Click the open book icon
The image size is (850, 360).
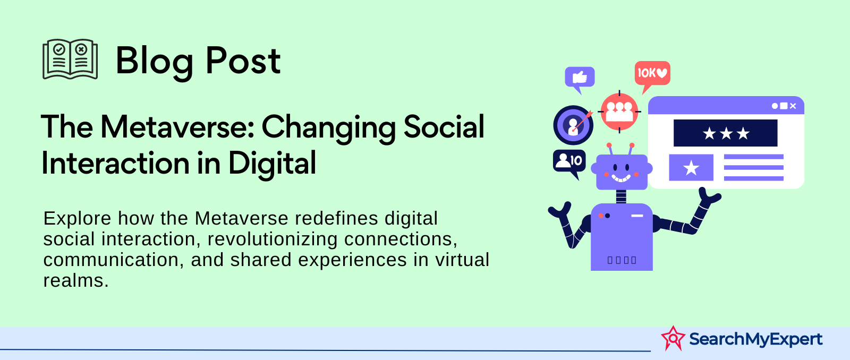click(x=70, y=59)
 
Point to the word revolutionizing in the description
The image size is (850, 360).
click(x=273, y=239)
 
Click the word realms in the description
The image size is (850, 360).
click(x=76, y=281)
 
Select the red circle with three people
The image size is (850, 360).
click(x=619, y=112)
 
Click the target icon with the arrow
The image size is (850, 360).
click(x=573, y=125)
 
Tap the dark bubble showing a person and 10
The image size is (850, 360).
click(x=569, y=163)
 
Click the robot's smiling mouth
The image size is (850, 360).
click(x=621, y=178)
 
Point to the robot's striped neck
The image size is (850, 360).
click(x=621, y=196)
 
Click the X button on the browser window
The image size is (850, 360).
click(x=793, y=106)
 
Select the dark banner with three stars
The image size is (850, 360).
click(x=725, y=133)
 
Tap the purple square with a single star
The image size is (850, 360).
click(x=691, y=167)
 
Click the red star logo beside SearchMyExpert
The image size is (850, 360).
click(x=673, y=338)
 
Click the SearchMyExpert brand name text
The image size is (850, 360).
click(x=755, y=339)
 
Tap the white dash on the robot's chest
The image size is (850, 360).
click(x=637, y=216)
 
